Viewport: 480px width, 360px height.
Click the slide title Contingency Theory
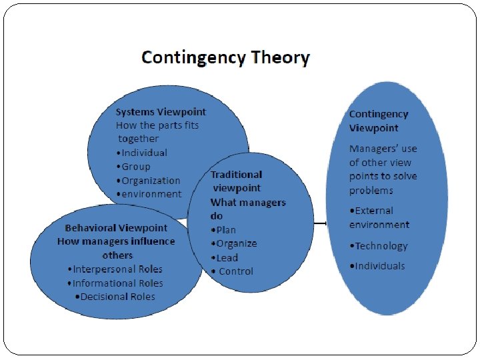[x=225, y=57]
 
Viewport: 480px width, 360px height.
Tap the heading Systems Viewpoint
[x=161, y=111]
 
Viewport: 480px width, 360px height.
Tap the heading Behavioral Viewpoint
[x=116, y=228]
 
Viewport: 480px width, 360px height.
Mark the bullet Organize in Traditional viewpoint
[x=233, y=243]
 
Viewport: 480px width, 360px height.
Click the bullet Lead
[x=224, y=257]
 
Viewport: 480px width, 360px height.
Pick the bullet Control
[x=233, y=271]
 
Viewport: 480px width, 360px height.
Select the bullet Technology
[x=378, y=246]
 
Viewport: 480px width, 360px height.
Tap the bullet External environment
[x=379, y=217]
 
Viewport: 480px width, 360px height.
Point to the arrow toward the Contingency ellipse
[x=320, y=223]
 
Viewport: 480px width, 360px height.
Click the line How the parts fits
[x=157, y=125]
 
